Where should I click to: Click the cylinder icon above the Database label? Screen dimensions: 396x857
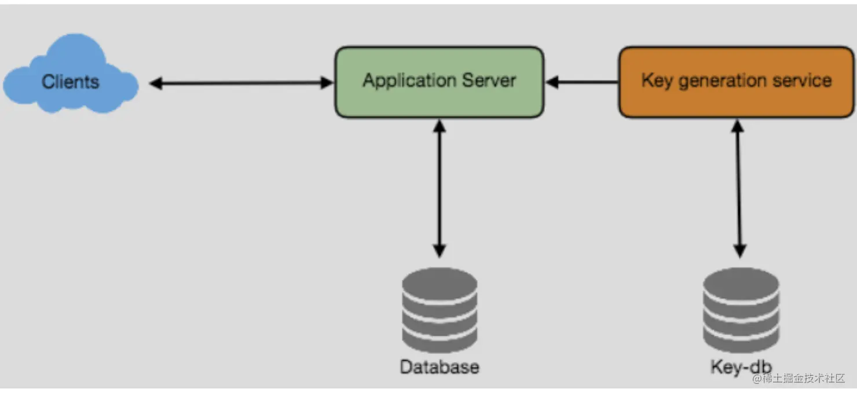[x=440, y=310]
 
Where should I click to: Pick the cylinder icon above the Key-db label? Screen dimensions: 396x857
[x=741, y=310]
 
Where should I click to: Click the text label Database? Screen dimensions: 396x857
[x=440, y=366]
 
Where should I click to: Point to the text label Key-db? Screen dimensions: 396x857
[x=741, y=366]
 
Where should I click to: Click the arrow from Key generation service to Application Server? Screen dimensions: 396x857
[x=582, y=82]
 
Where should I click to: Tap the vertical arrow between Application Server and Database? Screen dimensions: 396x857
[x=440, y=188]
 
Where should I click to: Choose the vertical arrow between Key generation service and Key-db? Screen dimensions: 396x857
[x=738, y=188]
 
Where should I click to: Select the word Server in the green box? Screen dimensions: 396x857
[x=490, y=80]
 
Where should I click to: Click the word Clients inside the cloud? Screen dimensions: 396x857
[x=70, y=82]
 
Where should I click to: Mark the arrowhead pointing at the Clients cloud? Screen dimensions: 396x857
[x=155, y=83]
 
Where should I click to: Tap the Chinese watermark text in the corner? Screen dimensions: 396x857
[x=799, y=378]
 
